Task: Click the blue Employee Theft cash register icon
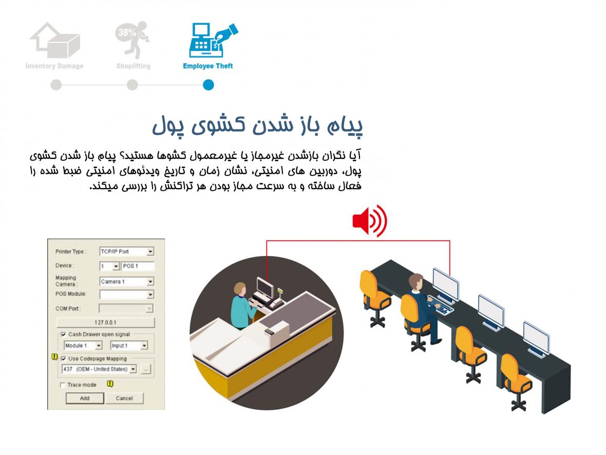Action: pyautogui.click(x=213, y=40)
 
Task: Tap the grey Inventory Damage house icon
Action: pyautogui.click(x=55, y=40)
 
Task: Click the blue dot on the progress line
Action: pyautogui.click(x=209, y=85)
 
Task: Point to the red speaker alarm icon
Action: pyautogui.click(x=370, y=221)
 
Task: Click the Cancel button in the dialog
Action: pyautogui.click(x=124, y=398)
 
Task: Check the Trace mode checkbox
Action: pyautogui.click(x=63, y=385)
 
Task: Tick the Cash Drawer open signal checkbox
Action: pyautogui.click(x=63, y=334)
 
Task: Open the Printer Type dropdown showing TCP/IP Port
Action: pyautogui.click(x=127, y=251)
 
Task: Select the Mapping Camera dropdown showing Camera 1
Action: pyautogui.click(x=127, y=282)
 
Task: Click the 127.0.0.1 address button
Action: pyautogui.click(x=105, y=322)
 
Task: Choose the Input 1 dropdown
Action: pyautogui.click(x=129, y=345)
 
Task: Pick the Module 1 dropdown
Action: pyautogui.click(x=83, y=345)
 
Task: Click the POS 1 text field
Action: pyautogui.click(x=138, y=266)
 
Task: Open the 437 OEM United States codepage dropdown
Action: pyautogui.click(x=99, y=369)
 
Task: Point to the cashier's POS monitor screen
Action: pyautogui.click(x=266, y=287)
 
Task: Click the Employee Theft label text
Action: pyautogui.click(x=208, y=66)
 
